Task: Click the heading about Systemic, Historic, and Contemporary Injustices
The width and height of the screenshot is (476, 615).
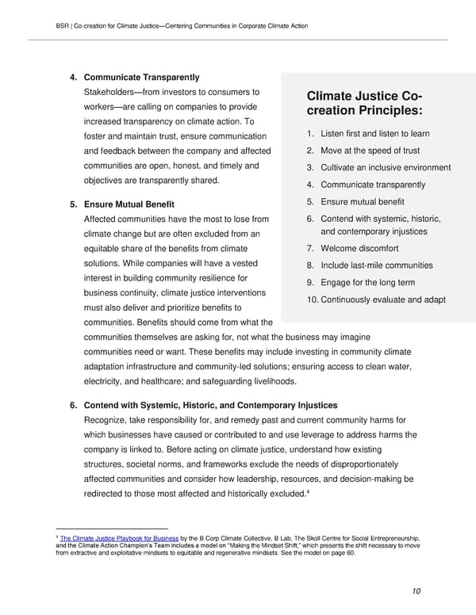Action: click(210, 405)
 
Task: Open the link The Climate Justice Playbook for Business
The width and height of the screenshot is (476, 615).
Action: click(119, 537)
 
